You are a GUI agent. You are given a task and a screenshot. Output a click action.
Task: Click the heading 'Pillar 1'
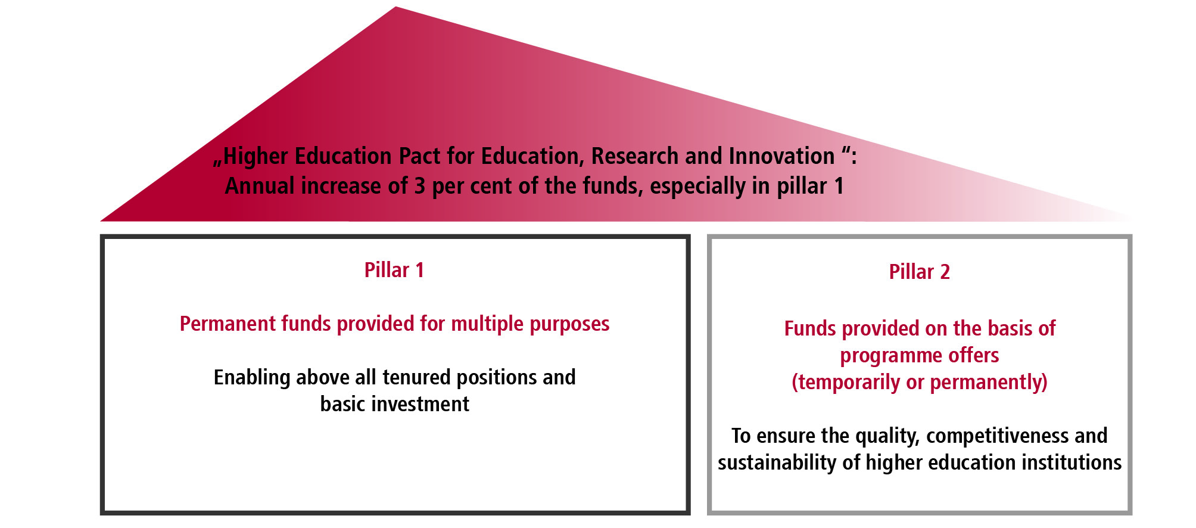tap(394, 270)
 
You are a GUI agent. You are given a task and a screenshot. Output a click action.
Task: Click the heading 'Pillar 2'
tap(919, 272)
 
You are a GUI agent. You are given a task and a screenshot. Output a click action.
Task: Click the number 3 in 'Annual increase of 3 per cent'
tap(420, 186)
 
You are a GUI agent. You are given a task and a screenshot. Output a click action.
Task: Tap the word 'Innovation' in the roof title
tap(781, 156)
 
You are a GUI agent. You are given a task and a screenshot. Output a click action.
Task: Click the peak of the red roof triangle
tap(395, 7)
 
